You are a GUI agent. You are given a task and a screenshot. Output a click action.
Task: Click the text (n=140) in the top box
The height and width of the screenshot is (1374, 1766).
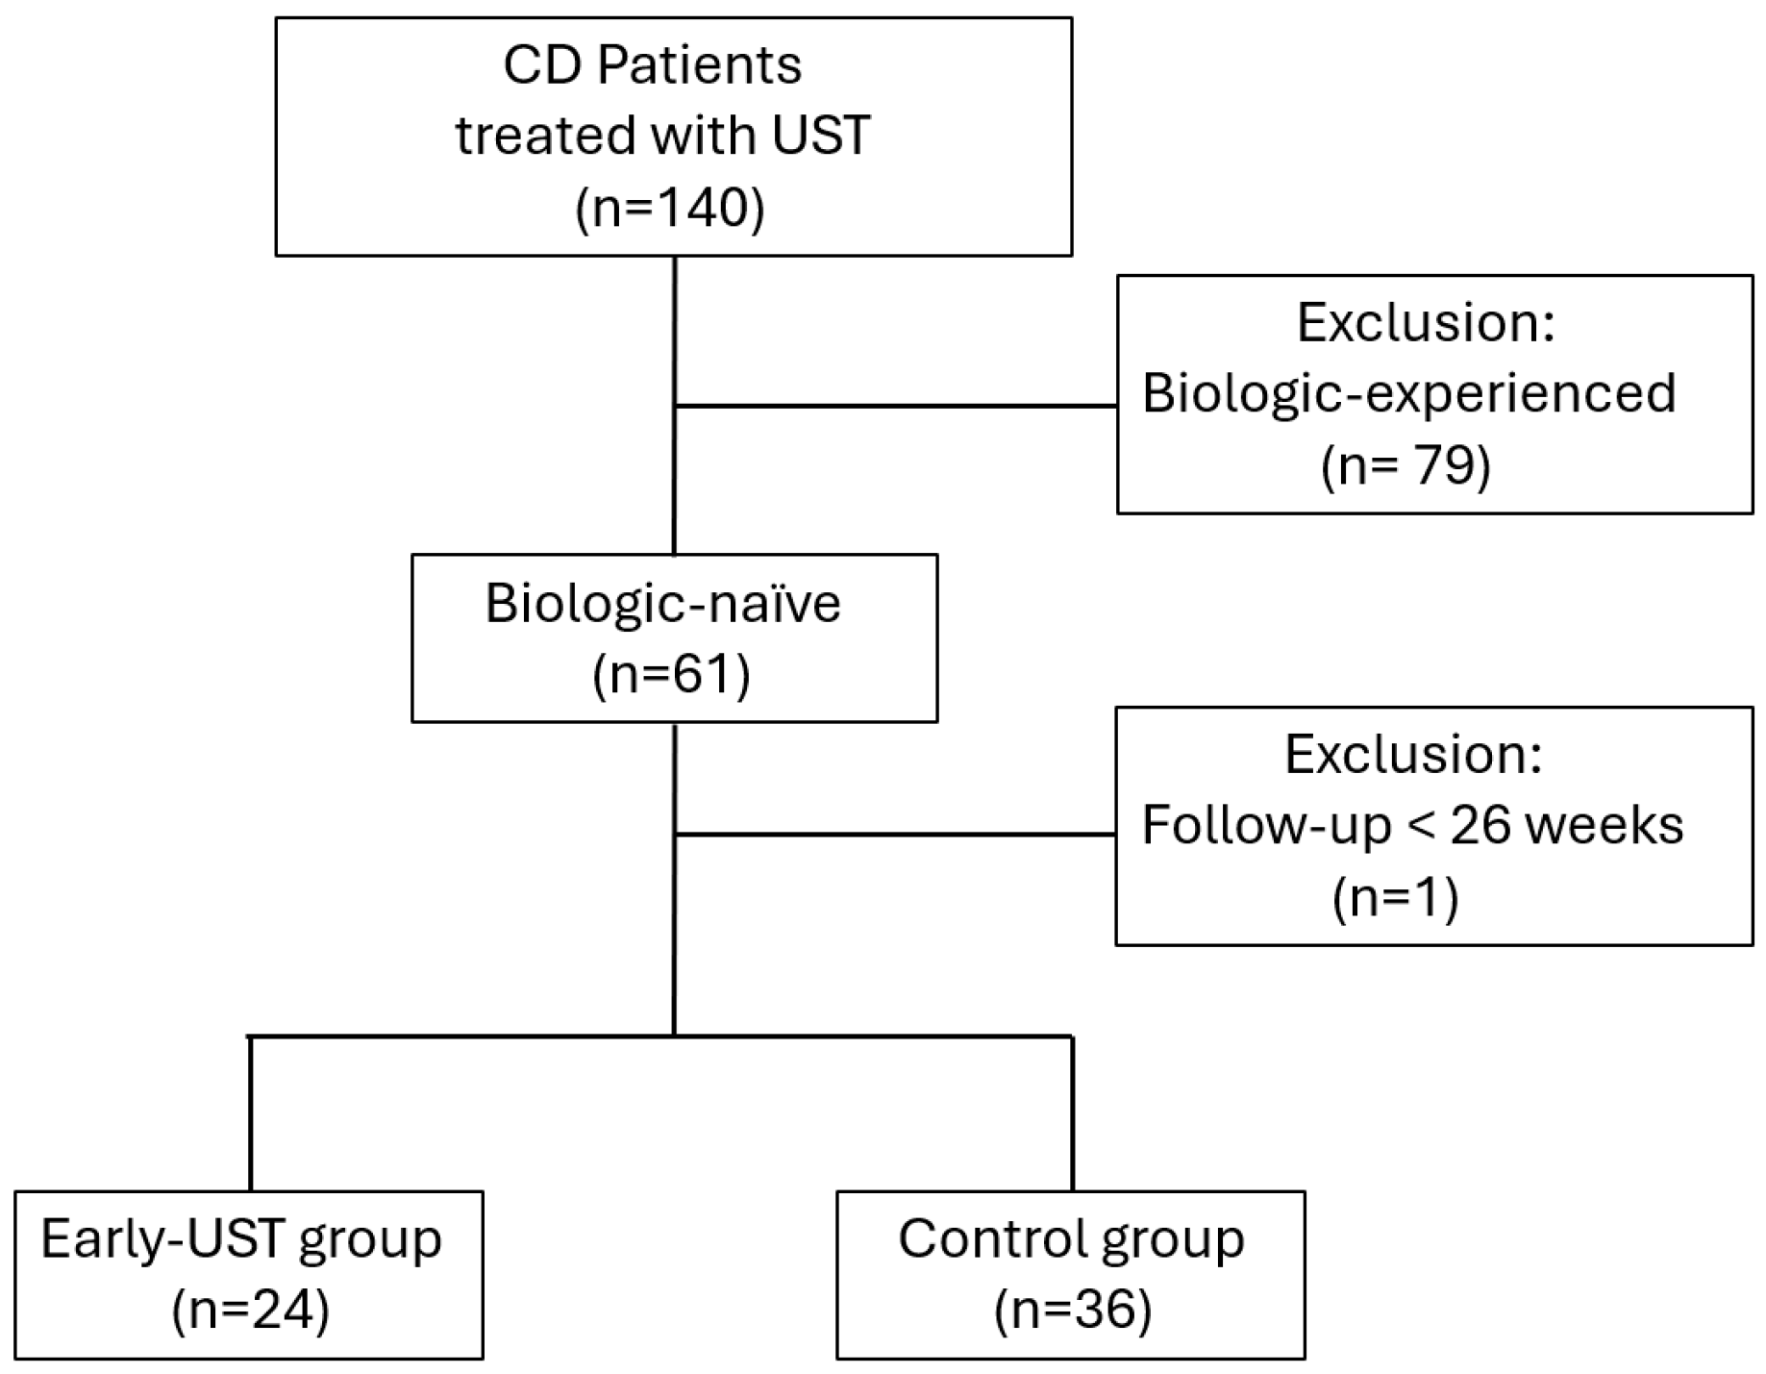click(670, 207)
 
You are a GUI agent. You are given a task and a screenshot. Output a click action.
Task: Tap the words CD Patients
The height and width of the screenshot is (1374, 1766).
click(652, 66)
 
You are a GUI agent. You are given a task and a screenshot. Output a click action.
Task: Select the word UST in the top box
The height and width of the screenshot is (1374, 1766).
click(820, 135)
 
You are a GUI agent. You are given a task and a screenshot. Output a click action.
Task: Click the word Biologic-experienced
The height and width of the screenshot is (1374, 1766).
click(1408, 392)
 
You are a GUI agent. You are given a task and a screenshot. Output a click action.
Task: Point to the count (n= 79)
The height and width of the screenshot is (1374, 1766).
click(1405, 466)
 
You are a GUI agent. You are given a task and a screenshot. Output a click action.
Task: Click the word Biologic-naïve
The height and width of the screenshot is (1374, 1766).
click(662, 604)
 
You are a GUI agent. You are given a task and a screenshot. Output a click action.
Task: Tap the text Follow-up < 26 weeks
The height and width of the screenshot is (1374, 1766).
click(1412, 825)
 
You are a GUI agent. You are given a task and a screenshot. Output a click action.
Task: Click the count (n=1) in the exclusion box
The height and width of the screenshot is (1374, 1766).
click(1395, 897)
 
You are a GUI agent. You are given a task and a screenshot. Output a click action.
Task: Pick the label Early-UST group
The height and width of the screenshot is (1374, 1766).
click(241, 1239)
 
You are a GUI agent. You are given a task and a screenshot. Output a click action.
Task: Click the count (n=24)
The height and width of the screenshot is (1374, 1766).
click(250, 1310)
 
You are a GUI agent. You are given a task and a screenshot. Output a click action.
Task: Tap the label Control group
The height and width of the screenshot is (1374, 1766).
click(1071, 1239)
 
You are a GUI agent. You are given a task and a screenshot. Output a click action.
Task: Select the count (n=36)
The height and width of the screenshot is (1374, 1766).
click(1073, 1310)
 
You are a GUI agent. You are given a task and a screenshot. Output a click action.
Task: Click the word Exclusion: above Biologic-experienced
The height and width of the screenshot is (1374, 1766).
click(1426, 322)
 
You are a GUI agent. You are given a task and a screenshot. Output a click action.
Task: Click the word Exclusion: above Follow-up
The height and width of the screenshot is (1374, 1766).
click(1413, 754)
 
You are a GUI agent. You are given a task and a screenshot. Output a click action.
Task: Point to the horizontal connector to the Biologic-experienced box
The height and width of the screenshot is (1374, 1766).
click(894, 407)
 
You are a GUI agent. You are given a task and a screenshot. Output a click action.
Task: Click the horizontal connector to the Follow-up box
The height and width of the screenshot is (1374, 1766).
click(894, 835)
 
